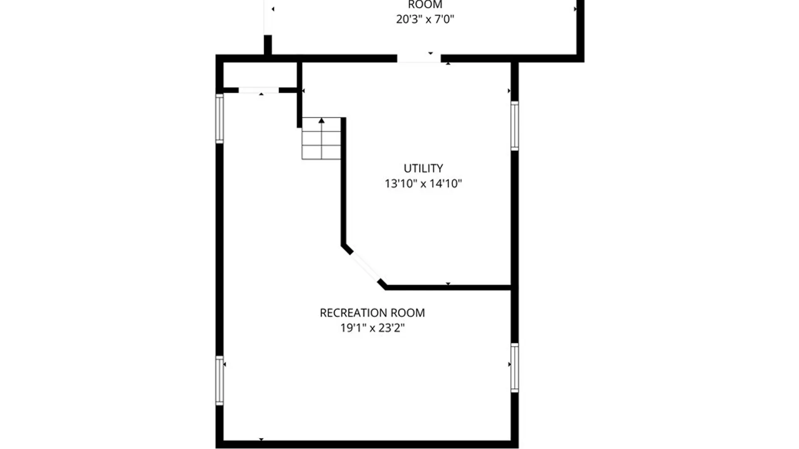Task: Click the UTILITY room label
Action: tap(423, 168)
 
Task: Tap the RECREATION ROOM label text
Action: tap(372, 313)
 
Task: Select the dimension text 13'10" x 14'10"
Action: tap(423, 183)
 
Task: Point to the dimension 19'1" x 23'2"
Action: tap(372, 328)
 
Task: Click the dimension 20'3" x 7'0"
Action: tap(425, 19)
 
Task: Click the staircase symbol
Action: tap(321, 138)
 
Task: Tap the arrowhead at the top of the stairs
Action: tap(321, 121)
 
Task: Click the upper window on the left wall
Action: tap(219, 118)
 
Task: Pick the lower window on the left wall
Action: tap(219, 380)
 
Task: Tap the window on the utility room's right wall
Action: tap(515, 126)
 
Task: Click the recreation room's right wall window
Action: tap(515, 368)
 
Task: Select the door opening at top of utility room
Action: tap(419, 59)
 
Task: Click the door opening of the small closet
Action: tap(258, 90)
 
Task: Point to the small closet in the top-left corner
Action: tap(260, 75)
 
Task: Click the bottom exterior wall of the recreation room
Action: tap(367, 444)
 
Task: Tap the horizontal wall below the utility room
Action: tap(448, 287)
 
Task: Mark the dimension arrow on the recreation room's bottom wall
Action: tap(261, 439)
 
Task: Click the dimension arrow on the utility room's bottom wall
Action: tap(448, 284)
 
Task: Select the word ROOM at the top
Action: tap(425, 5)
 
